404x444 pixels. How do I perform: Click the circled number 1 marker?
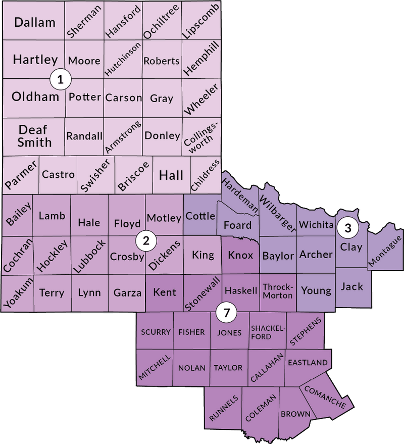[61, 79]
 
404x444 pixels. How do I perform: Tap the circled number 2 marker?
[146, 241]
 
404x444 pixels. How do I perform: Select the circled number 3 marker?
[348, 228]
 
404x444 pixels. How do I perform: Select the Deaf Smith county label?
[34, 135]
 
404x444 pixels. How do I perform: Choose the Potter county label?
[84, 97]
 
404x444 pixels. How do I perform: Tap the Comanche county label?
[324, 398]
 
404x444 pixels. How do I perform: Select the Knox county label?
[240, 255]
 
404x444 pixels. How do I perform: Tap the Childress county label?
[206, 175]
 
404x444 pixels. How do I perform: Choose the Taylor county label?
[228, 368]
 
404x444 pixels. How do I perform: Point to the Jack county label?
[352, 286]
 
